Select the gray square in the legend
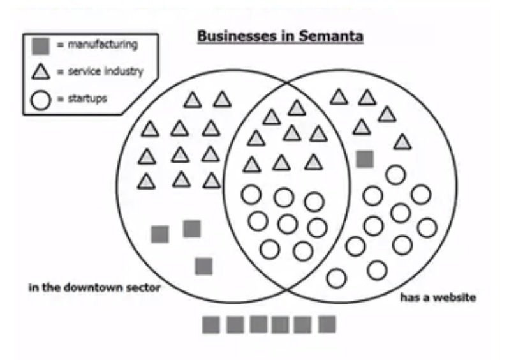pos(41,45)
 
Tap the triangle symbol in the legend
pos(41,71)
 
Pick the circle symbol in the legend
pos(41,100)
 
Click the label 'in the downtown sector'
pos(94,288)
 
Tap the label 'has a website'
pos(438,297)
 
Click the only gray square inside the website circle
pos(364,159)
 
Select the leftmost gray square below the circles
pos(211,325)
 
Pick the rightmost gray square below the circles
pos(327,324)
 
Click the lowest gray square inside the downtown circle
pos(203,266)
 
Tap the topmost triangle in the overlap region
pos(297,108)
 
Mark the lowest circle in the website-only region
pos(336,278)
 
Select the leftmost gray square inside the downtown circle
pos(160,234)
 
